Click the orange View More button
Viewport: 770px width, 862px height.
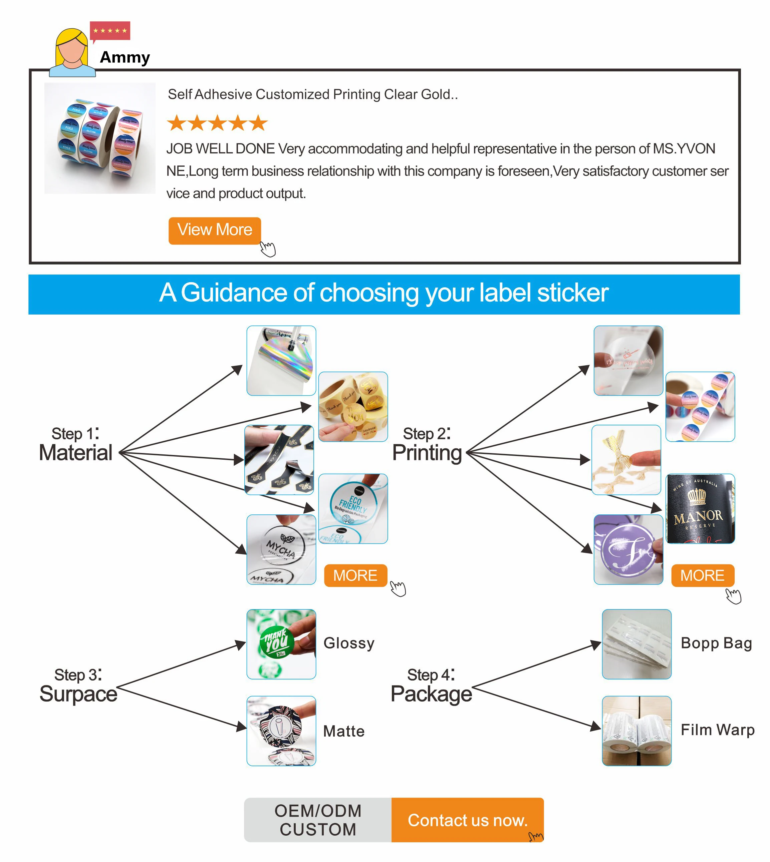point(215,231)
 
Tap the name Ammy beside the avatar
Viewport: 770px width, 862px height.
point(125,57)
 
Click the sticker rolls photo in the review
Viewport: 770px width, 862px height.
point(100,138)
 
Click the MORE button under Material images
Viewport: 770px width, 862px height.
point(355,575)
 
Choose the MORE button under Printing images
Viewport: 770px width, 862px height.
point(702,575)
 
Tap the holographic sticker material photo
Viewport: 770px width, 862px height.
point(281,361)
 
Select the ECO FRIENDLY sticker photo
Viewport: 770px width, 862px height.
point(353,509)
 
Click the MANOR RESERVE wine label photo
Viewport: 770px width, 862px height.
point(700,509)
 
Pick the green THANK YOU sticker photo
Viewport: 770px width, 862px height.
point(281,644)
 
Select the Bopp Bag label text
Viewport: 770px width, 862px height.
point(716,643)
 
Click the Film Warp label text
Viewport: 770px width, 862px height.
point(718,730)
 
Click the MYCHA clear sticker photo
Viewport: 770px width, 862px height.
point(281,549)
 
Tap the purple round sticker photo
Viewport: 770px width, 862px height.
point(628,549)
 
